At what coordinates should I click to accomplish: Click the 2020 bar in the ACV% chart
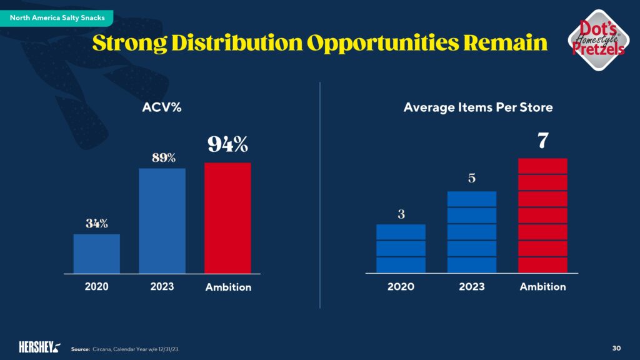pos(96,253)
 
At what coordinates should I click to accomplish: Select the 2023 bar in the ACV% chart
pos(162,220)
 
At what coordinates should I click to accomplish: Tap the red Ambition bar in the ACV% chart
pos(227,217)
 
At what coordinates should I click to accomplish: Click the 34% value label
pos(97,223)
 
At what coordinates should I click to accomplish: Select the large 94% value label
pos(227,145)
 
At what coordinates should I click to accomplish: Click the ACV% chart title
pos(162,107)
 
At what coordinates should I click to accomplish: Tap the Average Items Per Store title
pos(478,107)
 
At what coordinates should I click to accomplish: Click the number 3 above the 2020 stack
pos(401,214)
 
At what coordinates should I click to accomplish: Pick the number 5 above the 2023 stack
pos(472,178)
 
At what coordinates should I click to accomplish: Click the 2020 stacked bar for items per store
pos(401,248)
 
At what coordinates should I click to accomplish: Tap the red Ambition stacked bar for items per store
pos(543,215)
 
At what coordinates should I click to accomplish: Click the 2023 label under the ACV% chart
pos(162,287)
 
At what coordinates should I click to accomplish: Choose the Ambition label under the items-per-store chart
pos(543,287)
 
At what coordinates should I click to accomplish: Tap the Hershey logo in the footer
pos(39,346)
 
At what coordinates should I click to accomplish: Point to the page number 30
pos(616,347)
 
